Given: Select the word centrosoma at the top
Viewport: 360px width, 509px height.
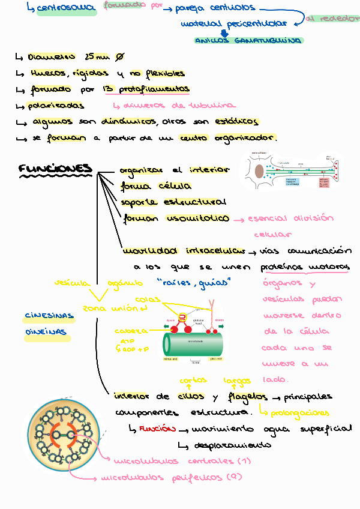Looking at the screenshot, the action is click(x=66, y=8).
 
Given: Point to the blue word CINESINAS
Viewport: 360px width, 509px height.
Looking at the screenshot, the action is click(x=49, y=316).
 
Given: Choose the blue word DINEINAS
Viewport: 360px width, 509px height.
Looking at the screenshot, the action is click(x=45, y=331).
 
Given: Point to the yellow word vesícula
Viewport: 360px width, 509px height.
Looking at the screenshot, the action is click(x=71, y=282).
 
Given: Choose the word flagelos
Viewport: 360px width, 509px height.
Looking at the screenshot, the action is click(x=247, y=397).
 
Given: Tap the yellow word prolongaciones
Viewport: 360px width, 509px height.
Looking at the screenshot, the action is click(x=299, y=413).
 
